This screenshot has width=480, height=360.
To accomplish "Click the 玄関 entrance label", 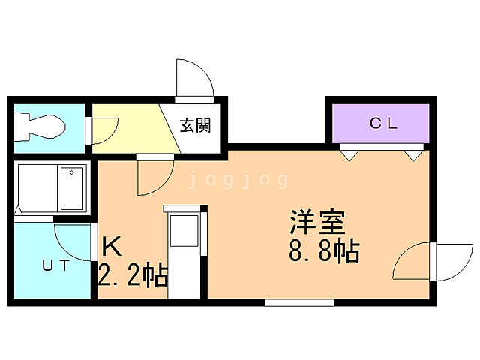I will point(194,125).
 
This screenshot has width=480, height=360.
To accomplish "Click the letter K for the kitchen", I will point(112,246).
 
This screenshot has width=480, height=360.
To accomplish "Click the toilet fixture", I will point(41,125).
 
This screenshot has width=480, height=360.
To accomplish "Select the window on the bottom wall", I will point(299,302).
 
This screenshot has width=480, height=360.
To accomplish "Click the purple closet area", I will point(382,124).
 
